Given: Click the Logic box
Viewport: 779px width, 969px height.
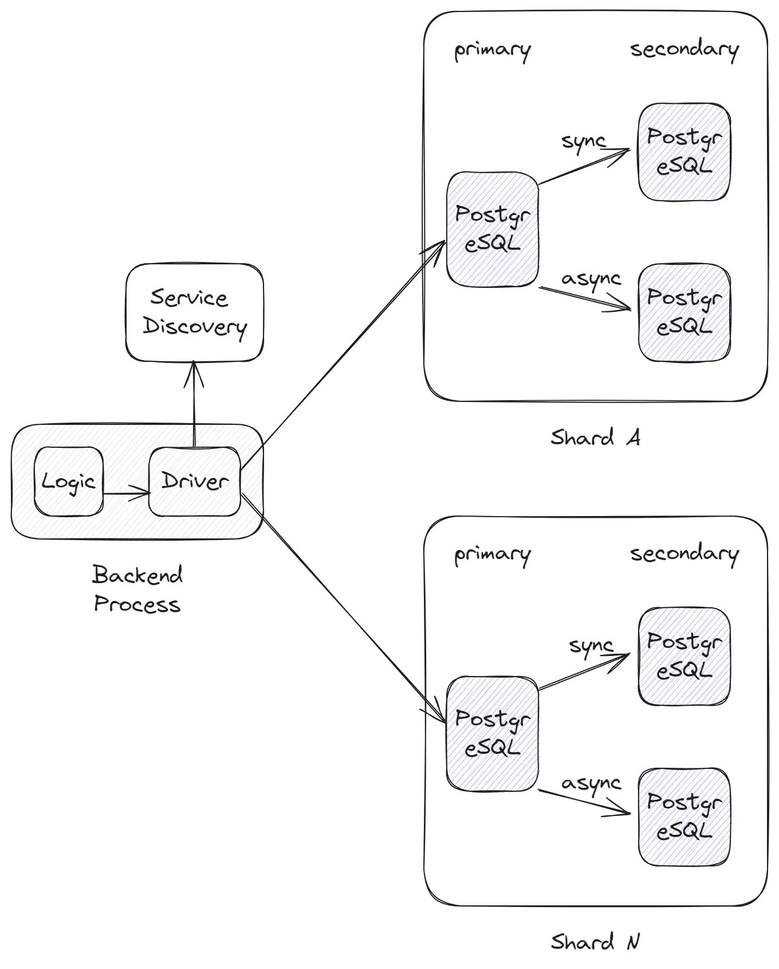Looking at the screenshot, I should [x=69, y=481].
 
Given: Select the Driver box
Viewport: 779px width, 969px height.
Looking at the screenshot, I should [x=194, y=481].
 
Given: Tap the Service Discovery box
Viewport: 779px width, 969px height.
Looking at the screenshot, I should [x=194, y=312].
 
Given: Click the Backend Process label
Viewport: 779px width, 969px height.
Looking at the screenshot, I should [x=137, y=589].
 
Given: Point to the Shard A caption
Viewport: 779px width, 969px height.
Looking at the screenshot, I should [x=595, y=438].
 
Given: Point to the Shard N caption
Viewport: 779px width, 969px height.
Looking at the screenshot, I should [x=595, y=942].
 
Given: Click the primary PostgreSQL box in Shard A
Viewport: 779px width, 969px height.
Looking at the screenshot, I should [x=492, y=229].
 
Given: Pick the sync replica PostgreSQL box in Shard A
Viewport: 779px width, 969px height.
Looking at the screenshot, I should [x=684, y=152].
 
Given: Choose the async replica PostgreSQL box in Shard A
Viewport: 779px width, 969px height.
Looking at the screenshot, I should [x=684, y=312].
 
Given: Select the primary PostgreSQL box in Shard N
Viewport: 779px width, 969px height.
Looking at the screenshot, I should [x=492, y=733].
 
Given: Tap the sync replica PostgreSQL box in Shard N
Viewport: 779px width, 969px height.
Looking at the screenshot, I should [x=684, y=656].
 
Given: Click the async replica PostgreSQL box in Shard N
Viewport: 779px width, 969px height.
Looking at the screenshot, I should [x=684, y=816].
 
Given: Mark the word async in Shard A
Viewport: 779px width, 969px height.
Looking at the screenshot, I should [x=591, y=280].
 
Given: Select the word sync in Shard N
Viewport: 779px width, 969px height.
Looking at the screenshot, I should [x=591, y=647].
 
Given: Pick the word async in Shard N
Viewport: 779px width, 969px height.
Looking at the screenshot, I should [x=591, y=784].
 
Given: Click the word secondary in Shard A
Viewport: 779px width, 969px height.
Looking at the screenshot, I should [x=684, y=50].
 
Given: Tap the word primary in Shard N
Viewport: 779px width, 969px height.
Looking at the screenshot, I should [x=492, y=554].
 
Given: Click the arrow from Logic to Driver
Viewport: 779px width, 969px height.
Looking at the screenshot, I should [x=126, y=493].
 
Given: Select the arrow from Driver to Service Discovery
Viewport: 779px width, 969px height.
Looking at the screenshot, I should [x=194, y=404].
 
